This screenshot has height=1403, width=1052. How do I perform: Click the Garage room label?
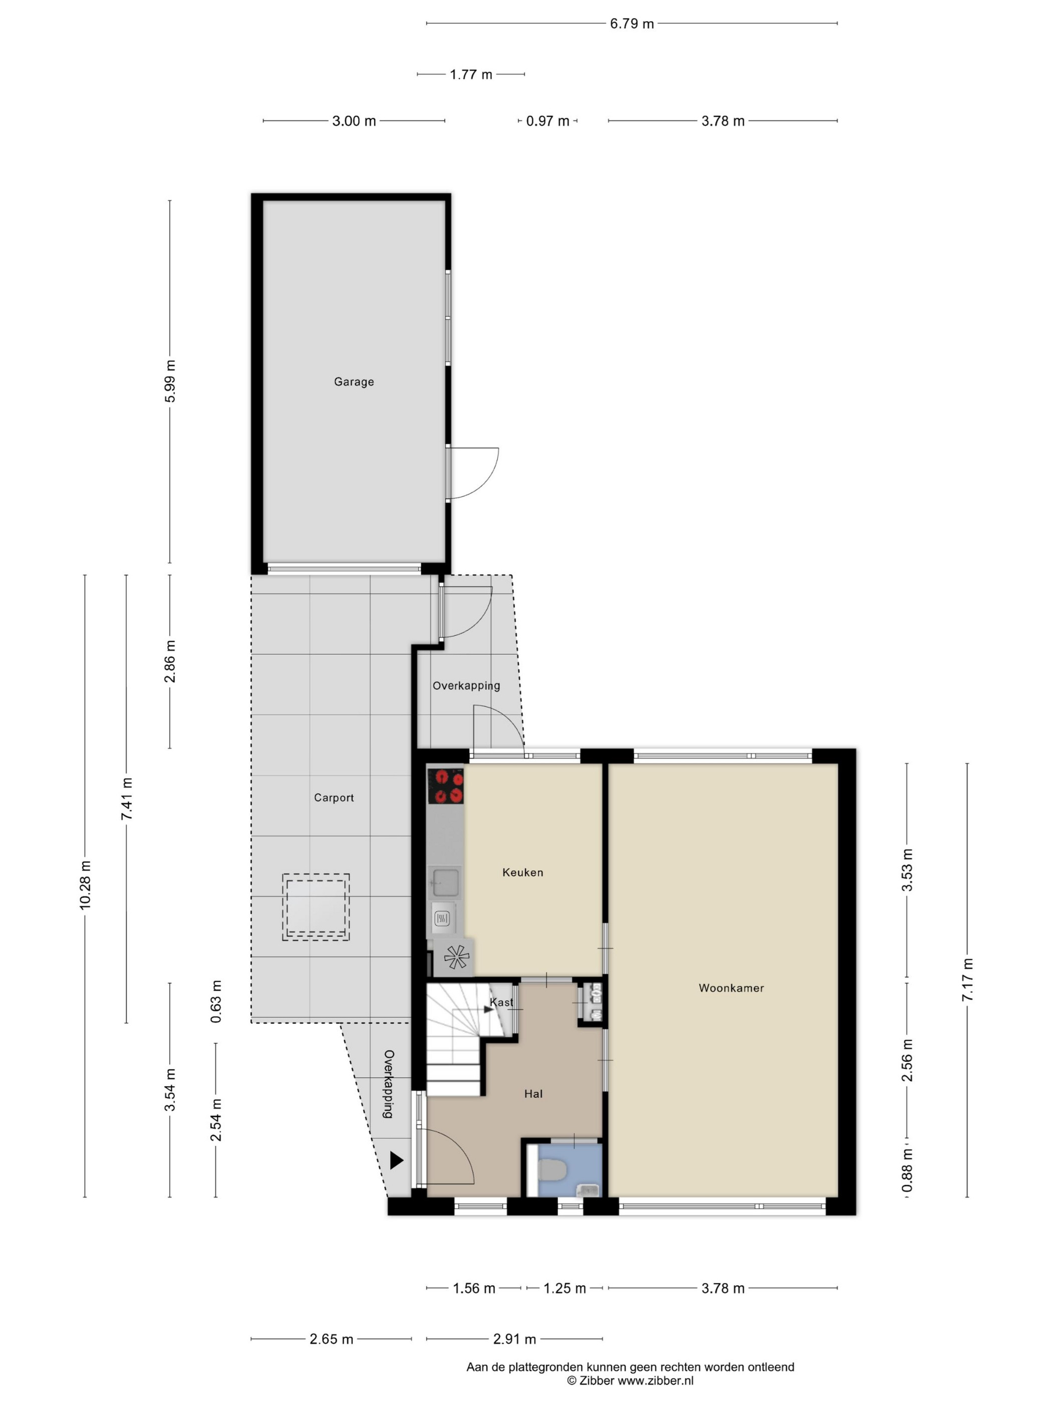click(x=354, y=382)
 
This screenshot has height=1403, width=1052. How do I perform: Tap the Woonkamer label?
click(x=731, y=988)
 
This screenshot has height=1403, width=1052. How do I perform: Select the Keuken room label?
click(x=522, y=872)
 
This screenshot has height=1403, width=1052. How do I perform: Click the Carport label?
click(x=334, y=798)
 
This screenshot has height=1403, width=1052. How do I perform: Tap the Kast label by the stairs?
click(x=501, y=1002)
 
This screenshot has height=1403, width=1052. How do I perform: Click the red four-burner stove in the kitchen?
click(x=446, y=787)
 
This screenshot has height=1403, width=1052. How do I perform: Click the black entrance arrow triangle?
click(x=396, y=1160)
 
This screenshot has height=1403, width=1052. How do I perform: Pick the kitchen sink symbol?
click(x=445, y=883)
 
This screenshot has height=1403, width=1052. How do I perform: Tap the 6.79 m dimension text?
click(x=632, y=24)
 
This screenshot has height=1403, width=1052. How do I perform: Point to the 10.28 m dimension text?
click(x=85, y=885)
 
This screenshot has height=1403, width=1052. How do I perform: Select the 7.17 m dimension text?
click(x=968, y=980)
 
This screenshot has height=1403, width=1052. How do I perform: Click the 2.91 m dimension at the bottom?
click(x=514, y=1339)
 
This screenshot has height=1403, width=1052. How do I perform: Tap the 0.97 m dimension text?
click(x=548, y=121)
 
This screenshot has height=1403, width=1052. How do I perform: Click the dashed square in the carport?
click(x=316, y=907)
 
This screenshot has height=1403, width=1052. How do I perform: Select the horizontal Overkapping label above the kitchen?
click(x=466, y=685)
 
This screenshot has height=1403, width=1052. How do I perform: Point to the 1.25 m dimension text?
click(x=565, y=1288)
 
